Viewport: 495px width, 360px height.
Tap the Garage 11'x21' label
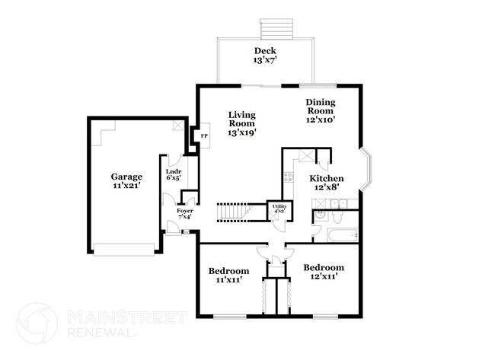point(126,181)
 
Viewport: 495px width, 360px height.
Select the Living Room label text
point(241,123)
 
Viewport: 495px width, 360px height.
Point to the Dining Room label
point(321,111)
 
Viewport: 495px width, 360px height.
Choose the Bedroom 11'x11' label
point(228,276)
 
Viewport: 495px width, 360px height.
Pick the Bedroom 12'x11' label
point(323,272)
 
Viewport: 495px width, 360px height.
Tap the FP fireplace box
point(204,137)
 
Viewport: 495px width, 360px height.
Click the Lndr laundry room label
point(174,176)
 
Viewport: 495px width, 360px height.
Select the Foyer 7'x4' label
point(184,214)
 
